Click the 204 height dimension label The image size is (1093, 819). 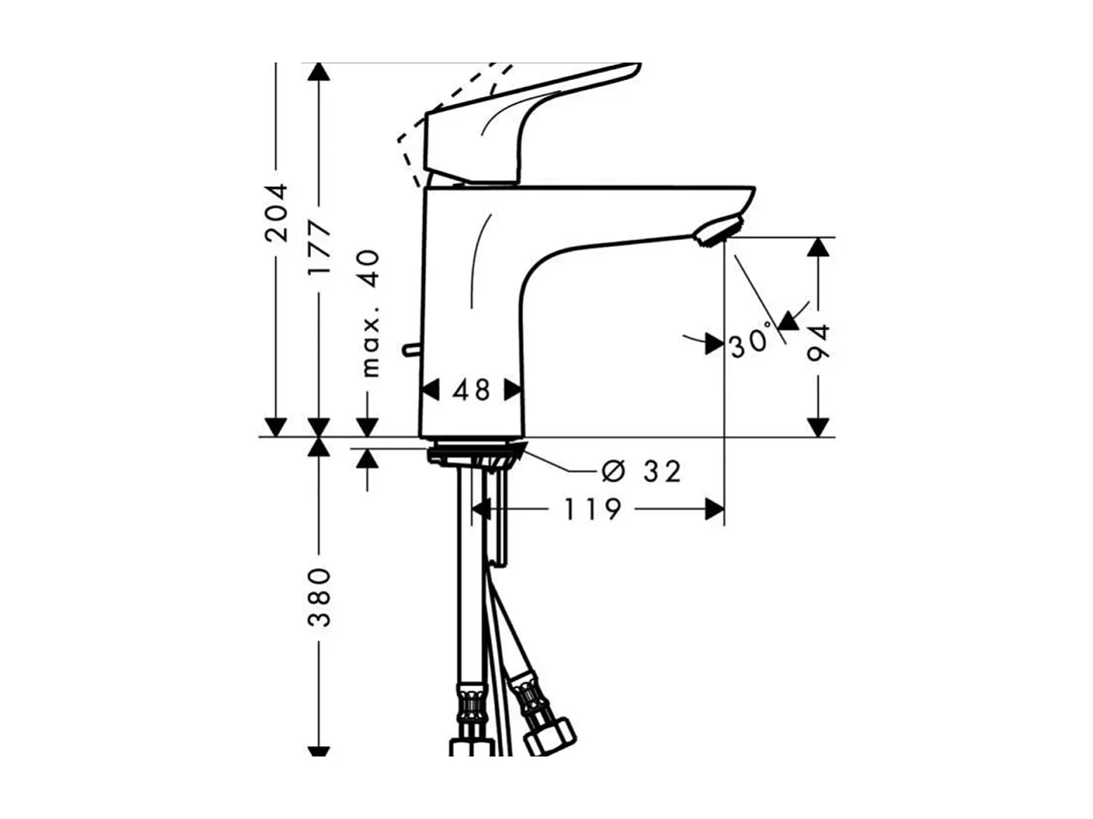point(276,213)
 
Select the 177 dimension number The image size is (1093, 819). point(319,248)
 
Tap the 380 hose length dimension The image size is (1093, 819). point(319,597)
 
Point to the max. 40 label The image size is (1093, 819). point(370,314)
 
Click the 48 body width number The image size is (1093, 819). point(471,390)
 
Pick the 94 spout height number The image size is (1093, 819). point(818,342)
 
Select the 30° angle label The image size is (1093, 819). point(750,343)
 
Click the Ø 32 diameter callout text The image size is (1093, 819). point(641,471)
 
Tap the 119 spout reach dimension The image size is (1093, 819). point(593,509)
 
